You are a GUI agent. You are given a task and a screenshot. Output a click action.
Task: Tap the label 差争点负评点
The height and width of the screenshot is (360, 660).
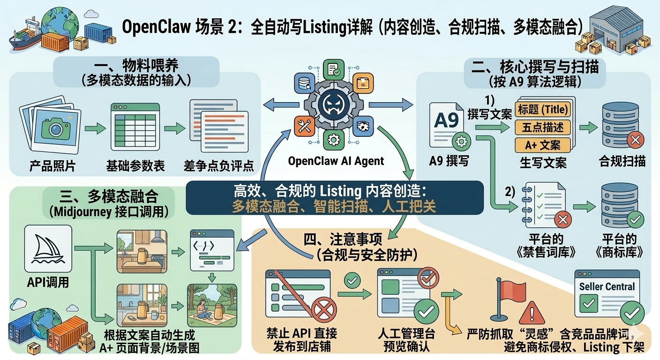coord(218,166)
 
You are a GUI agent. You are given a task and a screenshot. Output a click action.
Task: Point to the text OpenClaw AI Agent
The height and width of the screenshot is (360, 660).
coord(336,161)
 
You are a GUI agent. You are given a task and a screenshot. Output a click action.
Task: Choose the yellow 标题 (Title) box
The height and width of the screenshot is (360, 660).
coord(543,110)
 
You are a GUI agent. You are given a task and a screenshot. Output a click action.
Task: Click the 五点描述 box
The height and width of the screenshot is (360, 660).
coord(543,127)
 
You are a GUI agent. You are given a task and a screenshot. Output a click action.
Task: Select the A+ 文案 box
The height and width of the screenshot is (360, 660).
coord(543,144)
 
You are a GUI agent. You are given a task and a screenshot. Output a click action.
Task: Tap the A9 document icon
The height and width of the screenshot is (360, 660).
coord(448,126)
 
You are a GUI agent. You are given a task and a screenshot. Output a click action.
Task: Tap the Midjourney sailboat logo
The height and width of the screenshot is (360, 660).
coord(48,248)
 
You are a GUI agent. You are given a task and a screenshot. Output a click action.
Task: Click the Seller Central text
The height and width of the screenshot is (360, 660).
coord(607,286)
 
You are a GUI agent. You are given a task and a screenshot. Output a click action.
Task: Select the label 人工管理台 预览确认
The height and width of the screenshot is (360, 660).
coord(406,340)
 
